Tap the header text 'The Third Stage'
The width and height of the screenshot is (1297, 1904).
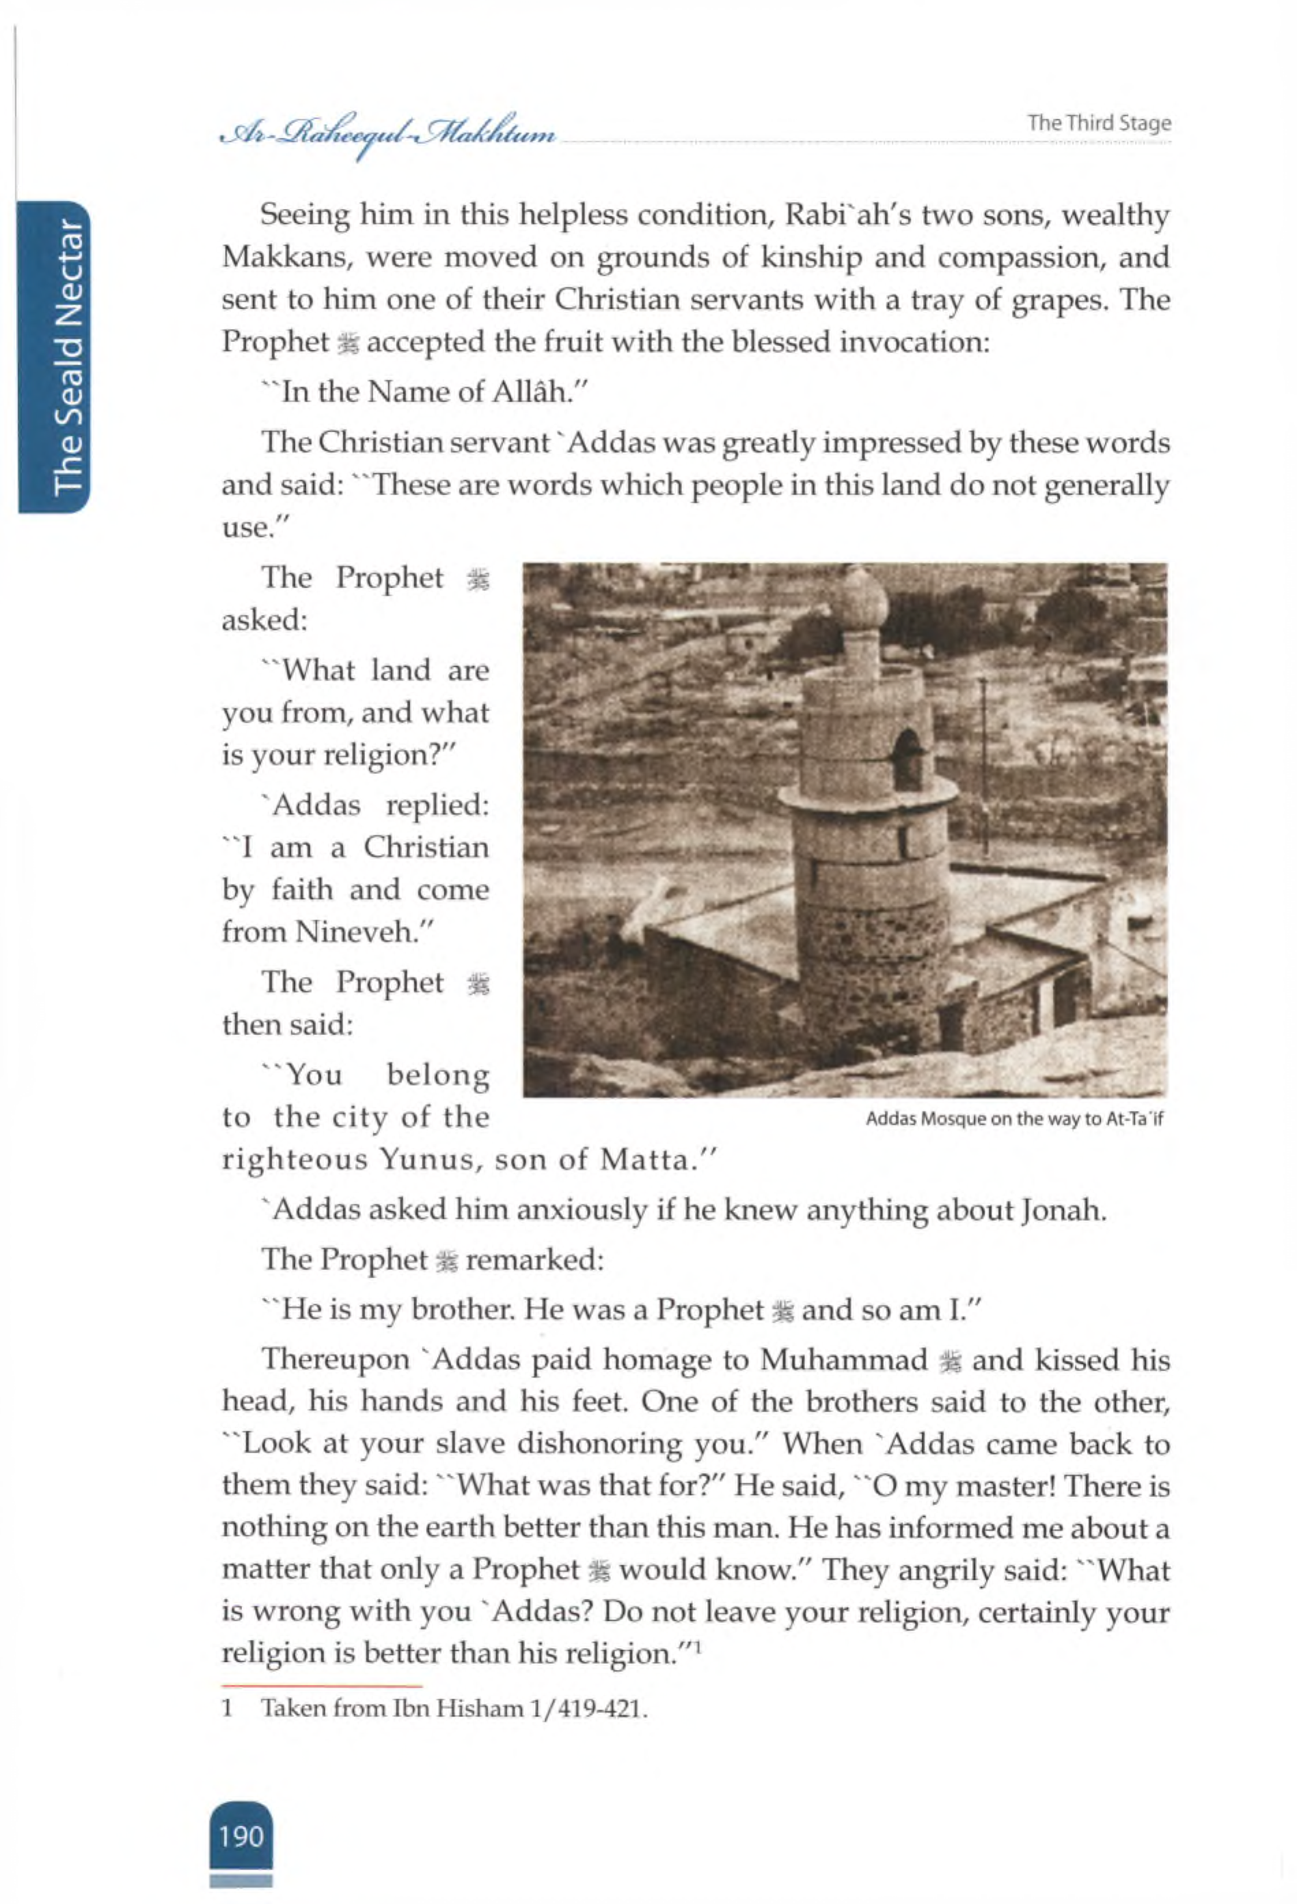point(1099,123)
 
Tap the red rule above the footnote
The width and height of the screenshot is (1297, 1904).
point(322,1685)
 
